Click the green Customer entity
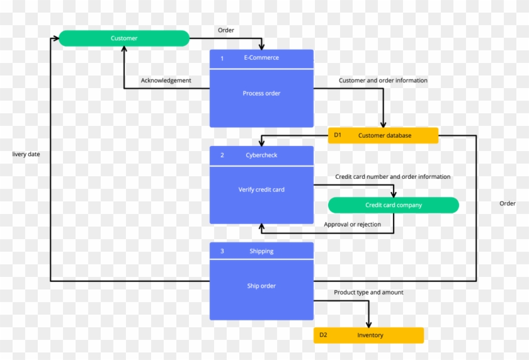click(x=124, y=38)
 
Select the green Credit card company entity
click(x=394, y=205)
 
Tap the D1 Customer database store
click(x=383, y=135)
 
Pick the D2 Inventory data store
click(x=369, y=335)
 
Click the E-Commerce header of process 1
click(x=261, y=58)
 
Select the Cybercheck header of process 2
click(x=261, y=155)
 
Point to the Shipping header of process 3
click(x=261, y=251)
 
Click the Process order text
click(x=261, y=94)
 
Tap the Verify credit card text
click(x=261, y=189)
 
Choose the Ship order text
click(x=261, y=286)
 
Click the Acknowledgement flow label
click(x=166, y=81)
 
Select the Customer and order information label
click(x=383, y=81)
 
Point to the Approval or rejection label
click(x=352, y=225)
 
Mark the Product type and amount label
click(x=368, y=293)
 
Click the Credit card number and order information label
click(x=392, y=177)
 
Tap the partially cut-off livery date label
click(x=26, y=154)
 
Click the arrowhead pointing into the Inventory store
click(x=369, y=323)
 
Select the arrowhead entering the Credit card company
click(x=394, y=194)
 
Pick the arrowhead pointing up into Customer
click(x=124, y=50)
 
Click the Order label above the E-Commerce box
click(x=226, y=30)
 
